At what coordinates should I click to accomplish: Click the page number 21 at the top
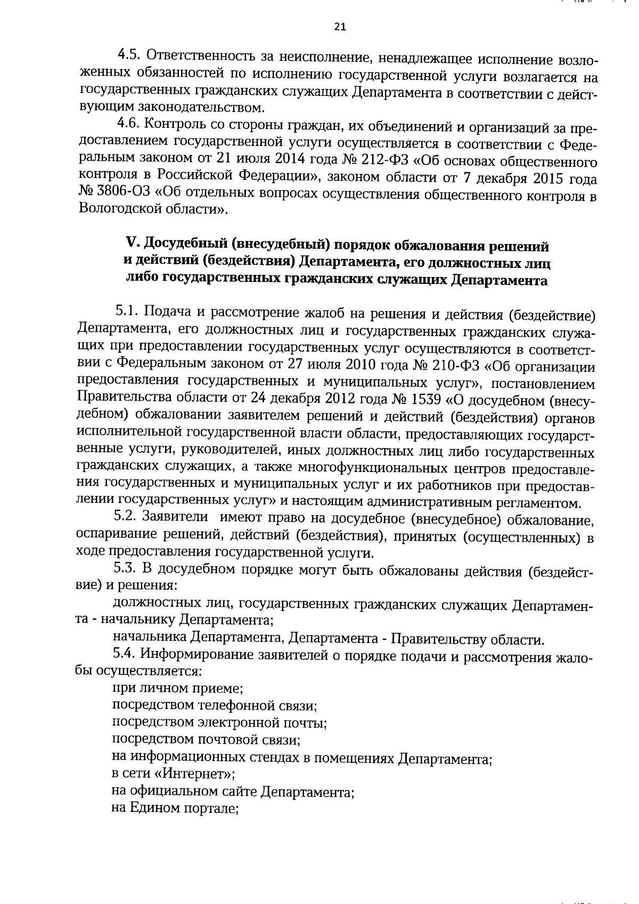340,27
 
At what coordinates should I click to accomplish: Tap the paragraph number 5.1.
126,311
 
